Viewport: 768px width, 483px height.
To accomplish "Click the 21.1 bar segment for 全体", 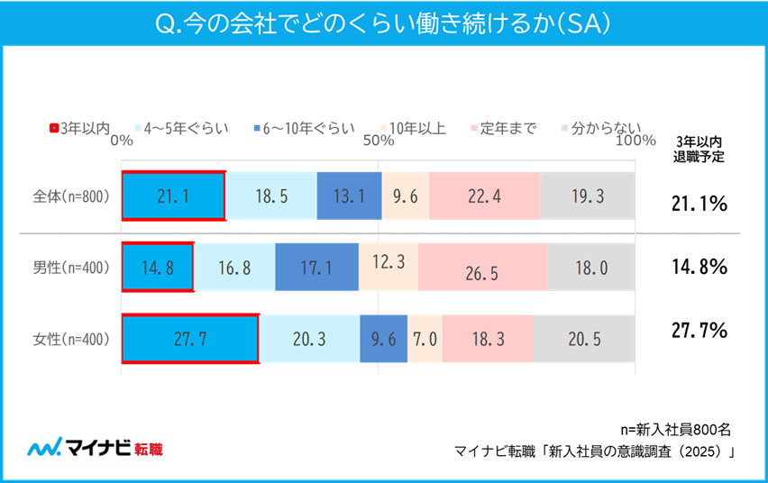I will (173, 196).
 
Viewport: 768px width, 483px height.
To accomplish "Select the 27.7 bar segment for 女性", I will (190, 339).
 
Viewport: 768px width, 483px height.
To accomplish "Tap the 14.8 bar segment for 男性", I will (157, 267).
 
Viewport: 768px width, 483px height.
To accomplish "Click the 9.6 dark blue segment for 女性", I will (383, 339).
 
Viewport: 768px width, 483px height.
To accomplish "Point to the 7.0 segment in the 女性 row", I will (425, 339).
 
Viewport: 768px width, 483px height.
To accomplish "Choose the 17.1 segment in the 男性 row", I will (316, 267).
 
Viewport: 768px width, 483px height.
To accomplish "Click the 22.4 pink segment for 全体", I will (484, 196).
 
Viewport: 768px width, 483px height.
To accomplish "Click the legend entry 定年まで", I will (503, 128).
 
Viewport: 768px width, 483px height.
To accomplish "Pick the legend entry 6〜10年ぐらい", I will (303, 128).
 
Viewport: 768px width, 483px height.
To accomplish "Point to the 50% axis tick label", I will (379, 141).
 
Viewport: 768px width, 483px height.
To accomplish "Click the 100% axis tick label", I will (636, 141).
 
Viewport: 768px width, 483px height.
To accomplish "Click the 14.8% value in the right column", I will (699, 267).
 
